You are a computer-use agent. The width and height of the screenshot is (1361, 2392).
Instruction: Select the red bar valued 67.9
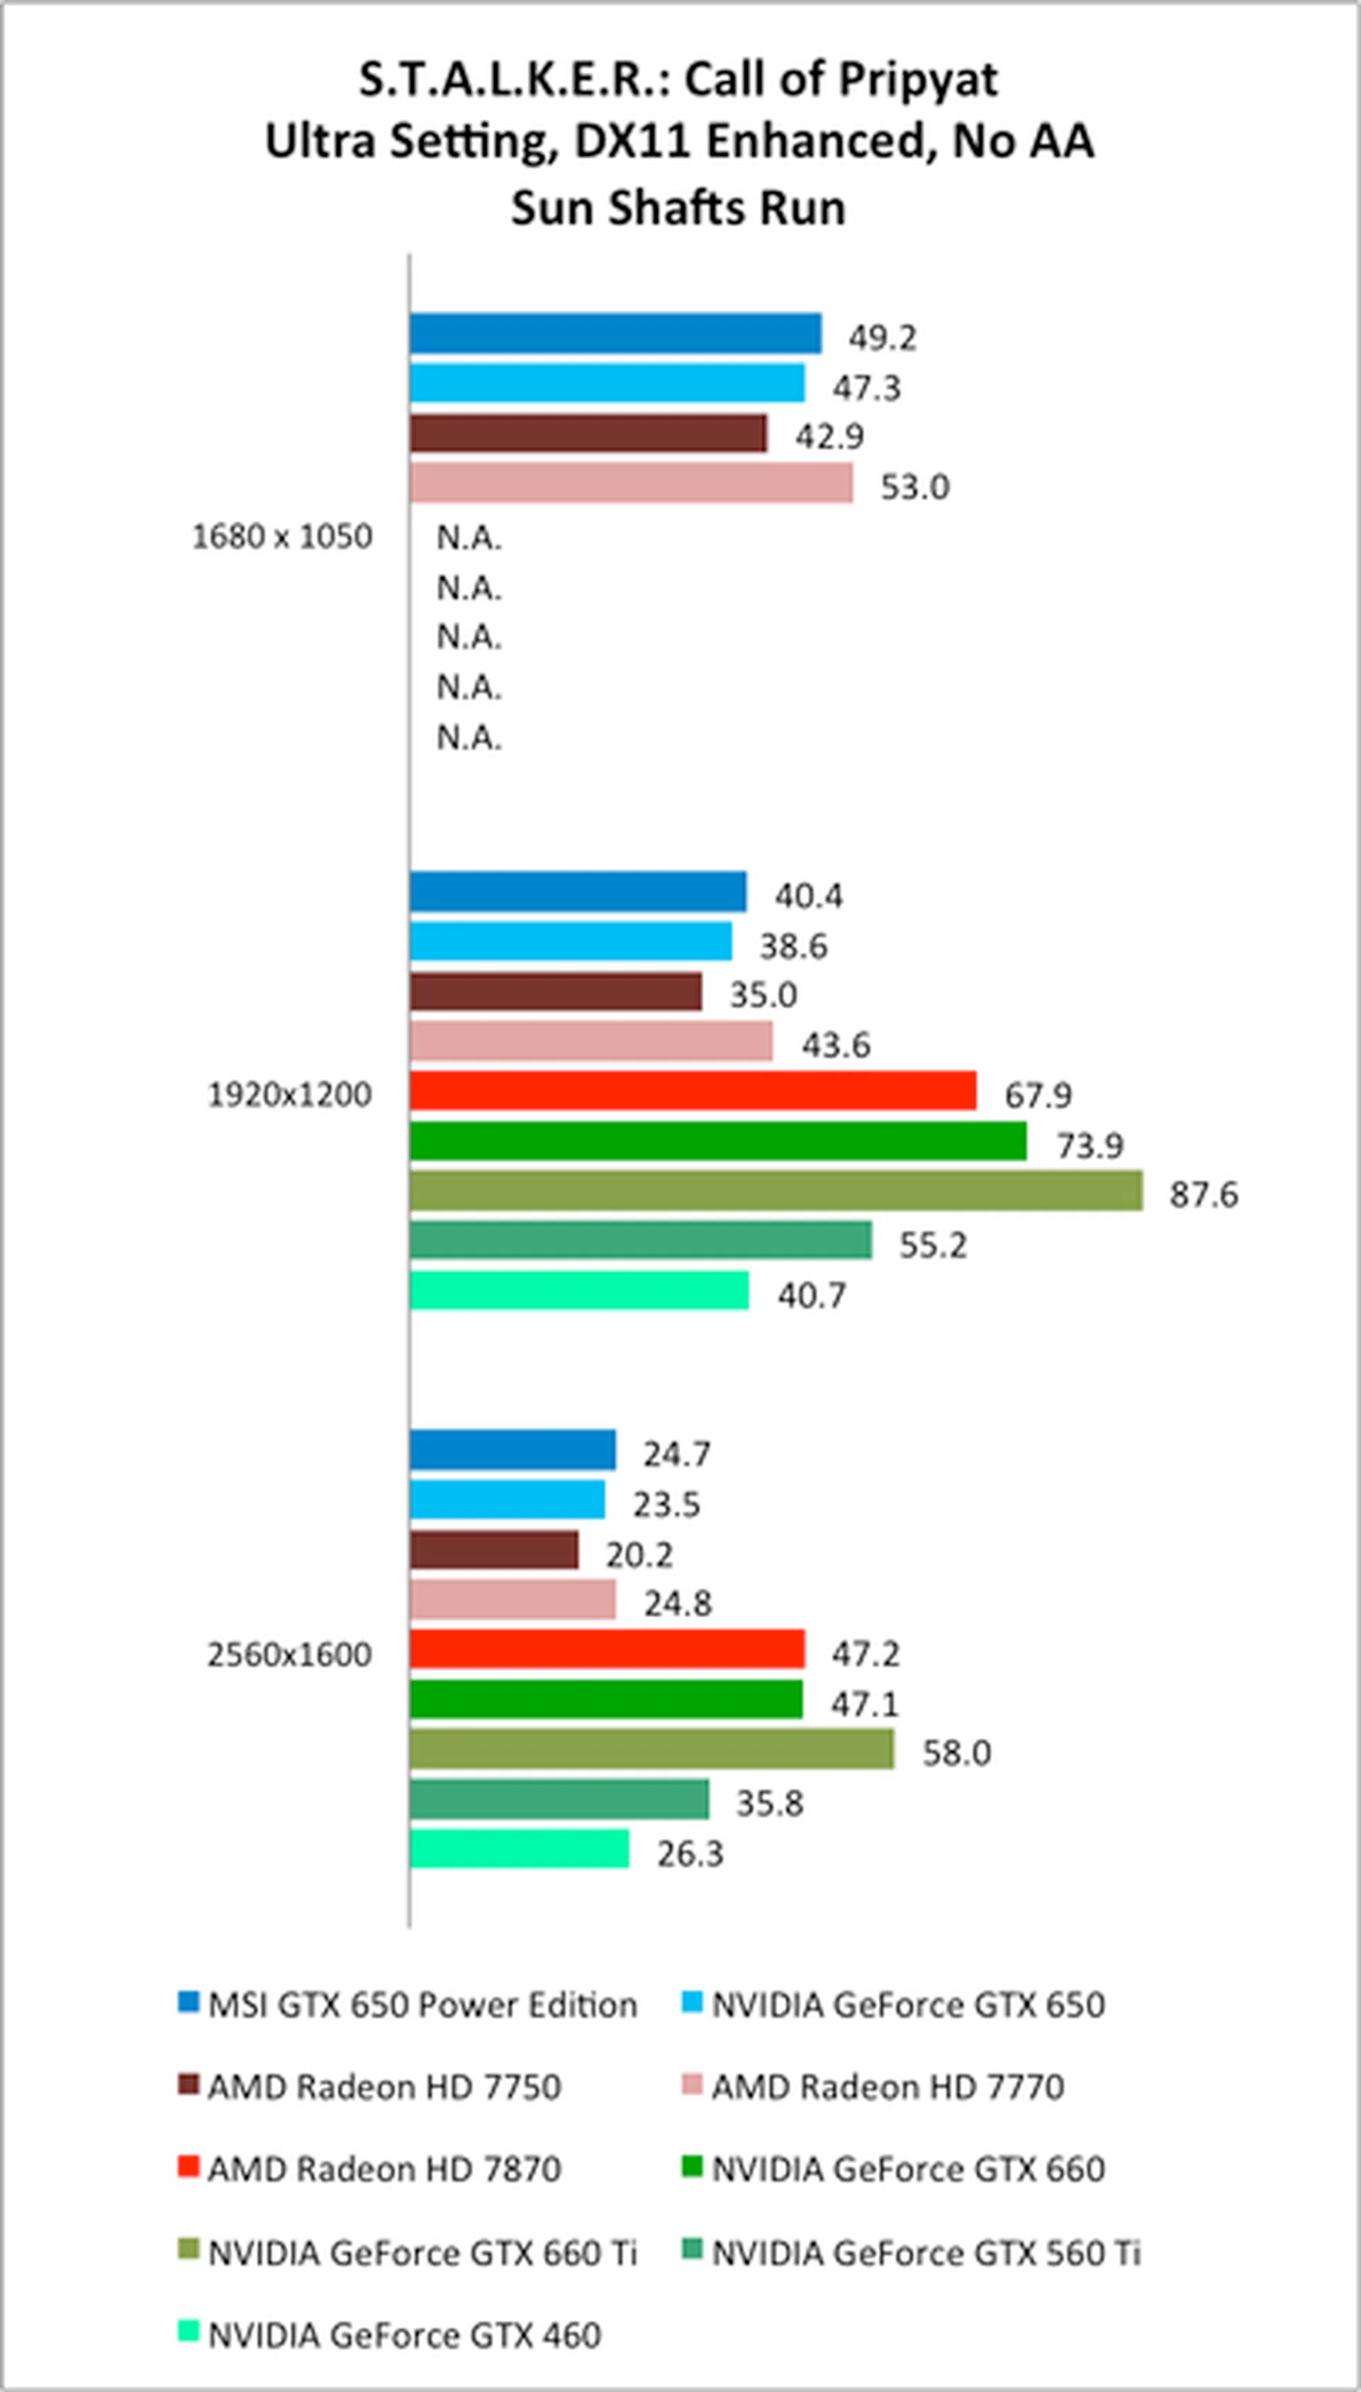point(693,1090)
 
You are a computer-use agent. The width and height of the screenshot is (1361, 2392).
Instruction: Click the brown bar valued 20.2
point(493,1550)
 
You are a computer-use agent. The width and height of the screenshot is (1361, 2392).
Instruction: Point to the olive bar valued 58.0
point(651,1750)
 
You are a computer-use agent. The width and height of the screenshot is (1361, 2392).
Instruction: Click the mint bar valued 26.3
point(519,1849)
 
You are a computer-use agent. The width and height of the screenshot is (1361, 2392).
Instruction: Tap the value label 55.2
point(933,1245)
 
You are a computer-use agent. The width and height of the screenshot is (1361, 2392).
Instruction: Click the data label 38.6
point(792,946)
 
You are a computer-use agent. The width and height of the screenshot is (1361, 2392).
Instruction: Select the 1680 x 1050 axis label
point(281,537)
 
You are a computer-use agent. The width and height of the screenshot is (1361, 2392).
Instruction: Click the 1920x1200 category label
point(289,1094)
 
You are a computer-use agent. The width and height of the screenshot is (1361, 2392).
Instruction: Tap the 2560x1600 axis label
point(289,1654)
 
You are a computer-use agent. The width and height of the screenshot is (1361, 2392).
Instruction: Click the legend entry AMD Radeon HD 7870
point(383,2168)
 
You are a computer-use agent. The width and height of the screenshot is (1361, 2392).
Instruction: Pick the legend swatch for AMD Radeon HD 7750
point(189,2084)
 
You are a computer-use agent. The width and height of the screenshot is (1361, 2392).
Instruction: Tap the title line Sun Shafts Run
point(678,208)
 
